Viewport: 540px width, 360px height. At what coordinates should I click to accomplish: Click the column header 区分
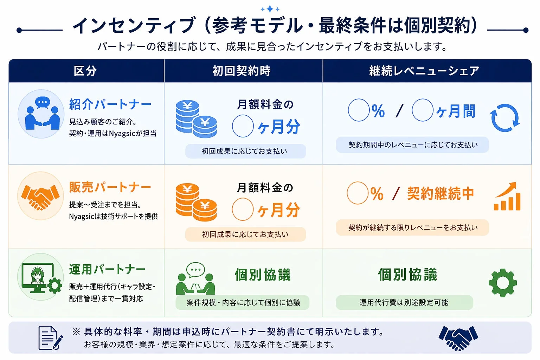pyautogui.click(x=85, y=71)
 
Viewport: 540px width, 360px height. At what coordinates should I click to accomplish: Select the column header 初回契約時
pyautogui.click(x=242, y=71)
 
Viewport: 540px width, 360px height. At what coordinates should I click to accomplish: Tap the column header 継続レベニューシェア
pyautogui.click(x=424, y=71)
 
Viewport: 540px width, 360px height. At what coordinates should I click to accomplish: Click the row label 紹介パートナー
pyautogui.click(x=110, y=104)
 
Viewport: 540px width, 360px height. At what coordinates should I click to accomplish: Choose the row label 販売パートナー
pyautogui.click(x=110, y=187)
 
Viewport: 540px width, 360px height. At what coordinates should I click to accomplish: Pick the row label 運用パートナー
pyautogui.click(x=107, y=270)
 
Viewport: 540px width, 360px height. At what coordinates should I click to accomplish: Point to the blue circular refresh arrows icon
pyautogui.click(x=505, y=118)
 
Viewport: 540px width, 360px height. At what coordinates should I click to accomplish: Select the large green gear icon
pyautogui.click(x=503, y=283)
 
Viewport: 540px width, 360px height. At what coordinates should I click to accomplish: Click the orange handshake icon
pyautogui.click(x=40, y=196)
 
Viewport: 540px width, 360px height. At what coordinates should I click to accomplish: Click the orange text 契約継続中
pyautogui.click(x=441, y=194)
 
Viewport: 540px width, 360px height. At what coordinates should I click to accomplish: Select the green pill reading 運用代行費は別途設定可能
pyautogui.click(x=404, y=303)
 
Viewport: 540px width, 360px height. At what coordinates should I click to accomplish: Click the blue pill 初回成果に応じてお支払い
pyautogui.click(x=245, y=151)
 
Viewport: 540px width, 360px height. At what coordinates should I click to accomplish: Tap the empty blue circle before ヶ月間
pyautogui.click(x=422, y=110)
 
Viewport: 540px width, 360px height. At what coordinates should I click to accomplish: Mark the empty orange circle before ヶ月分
pyautogui.click(x=243, y=209)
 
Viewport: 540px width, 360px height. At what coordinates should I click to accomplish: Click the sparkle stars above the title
pyautogui.click(x=270, y=9)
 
